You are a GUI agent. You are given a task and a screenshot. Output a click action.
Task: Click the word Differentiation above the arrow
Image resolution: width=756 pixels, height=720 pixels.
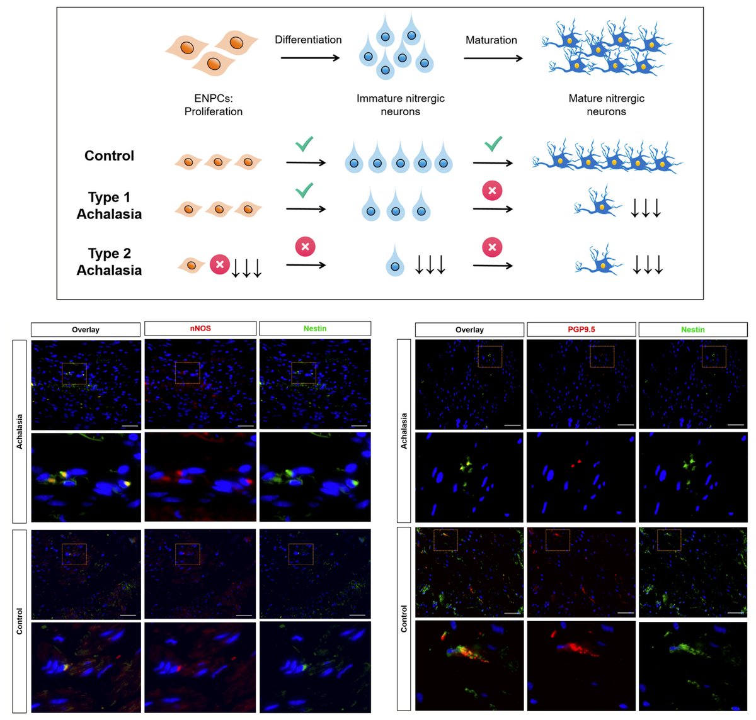308,40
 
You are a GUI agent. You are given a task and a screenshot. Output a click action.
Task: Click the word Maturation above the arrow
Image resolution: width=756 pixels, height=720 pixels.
491,40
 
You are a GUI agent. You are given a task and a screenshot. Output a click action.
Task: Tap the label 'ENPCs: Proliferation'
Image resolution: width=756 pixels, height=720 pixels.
213,104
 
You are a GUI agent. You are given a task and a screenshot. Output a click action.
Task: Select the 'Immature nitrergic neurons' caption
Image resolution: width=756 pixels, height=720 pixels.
400,104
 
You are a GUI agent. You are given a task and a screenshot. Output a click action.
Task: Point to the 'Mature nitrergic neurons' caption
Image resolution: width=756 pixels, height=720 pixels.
606,104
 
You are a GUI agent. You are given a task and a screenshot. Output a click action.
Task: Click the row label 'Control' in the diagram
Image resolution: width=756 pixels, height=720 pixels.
109,155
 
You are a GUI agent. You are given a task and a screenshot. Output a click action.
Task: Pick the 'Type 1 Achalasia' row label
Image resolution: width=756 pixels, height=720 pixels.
109,206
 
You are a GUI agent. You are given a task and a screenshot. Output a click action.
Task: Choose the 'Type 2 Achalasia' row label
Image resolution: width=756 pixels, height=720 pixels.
109,262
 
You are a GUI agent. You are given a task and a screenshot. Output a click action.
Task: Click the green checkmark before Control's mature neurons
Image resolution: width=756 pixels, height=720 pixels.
493,144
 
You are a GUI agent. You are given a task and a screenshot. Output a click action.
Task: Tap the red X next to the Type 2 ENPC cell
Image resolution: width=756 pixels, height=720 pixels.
219,264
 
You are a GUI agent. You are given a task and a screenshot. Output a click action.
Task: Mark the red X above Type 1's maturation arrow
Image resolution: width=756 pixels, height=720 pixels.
492,190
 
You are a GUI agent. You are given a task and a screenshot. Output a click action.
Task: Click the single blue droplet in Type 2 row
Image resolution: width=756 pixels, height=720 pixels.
395,265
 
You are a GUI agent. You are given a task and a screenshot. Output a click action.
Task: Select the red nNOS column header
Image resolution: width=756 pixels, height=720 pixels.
200,329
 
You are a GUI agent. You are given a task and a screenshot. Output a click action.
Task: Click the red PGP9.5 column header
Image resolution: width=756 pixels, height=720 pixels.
581,329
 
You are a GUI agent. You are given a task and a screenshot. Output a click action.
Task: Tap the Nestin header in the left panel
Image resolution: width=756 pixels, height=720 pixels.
315,329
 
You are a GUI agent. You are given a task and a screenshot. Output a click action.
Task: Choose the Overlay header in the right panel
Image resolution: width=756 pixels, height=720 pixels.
469,330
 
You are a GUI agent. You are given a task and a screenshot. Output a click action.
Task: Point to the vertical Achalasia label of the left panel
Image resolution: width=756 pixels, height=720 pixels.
20,431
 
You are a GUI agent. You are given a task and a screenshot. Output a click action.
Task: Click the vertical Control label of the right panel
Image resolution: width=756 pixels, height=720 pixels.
404,619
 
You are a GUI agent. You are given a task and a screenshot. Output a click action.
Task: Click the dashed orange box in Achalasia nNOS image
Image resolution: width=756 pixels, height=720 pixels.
187,373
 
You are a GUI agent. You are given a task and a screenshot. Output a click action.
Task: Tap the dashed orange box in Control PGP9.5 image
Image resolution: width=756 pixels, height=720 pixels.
557,539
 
